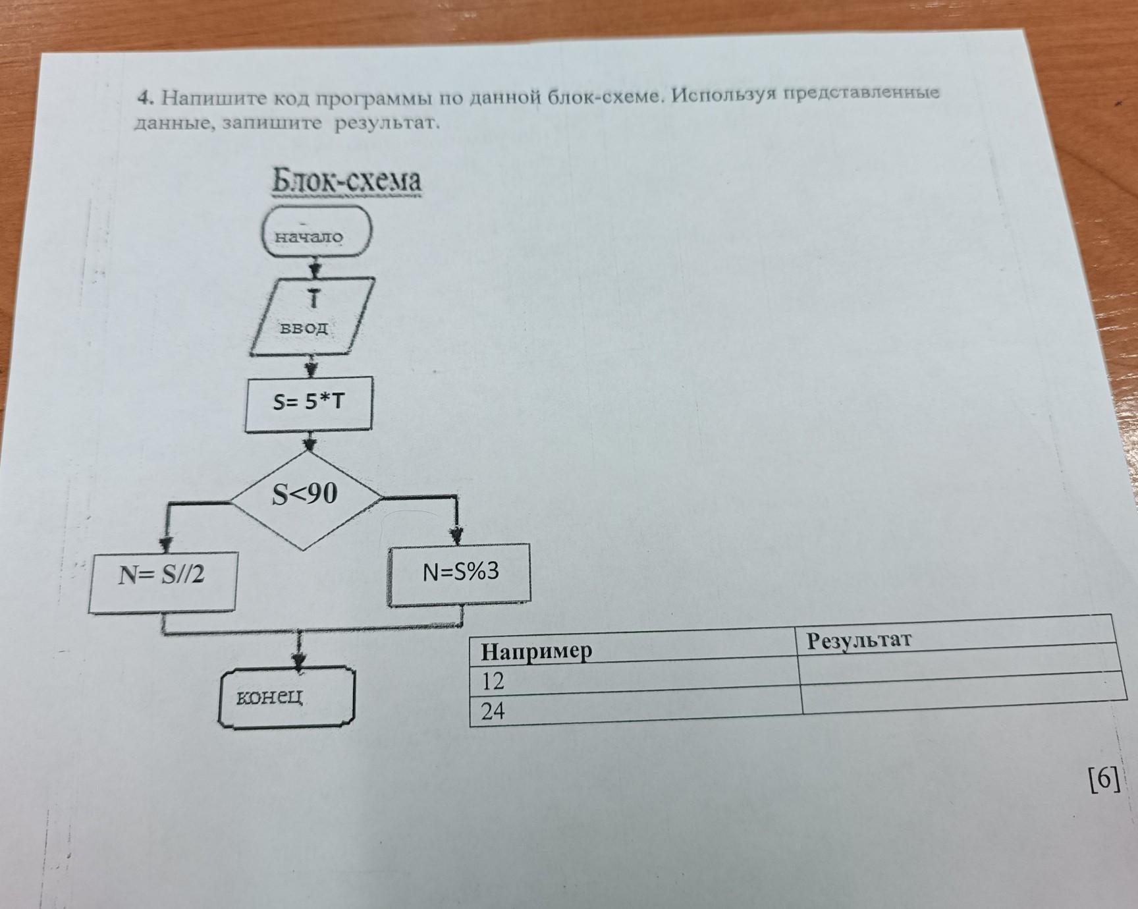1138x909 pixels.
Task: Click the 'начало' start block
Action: pyautogui.click(x=317, y=231)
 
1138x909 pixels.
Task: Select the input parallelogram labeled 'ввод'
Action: pyautogui.click(x=312, y=317)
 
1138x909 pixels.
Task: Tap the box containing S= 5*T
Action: pyautogui.click(x=308, y=404)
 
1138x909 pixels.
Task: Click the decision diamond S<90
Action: pyautogui.click(x=306, y=499)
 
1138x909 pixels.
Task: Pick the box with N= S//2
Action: pyautogui.click(x=163, y=582)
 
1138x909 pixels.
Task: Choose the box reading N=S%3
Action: pyautogui.click(x=459, y=574)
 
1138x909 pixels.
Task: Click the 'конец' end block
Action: pyautogui.click(x=286, y=698)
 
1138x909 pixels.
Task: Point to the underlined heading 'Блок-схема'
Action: pyautogui.click(x=346, y=181)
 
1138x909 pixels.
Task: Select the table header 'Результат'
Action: pyautogui.click(x=859, y=639)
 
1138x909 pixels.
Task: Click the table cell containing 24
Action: pyautogui.click(x=636, y=710)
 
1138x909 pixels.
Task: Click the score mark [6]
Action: pyautogui.click(x=1104, y=781)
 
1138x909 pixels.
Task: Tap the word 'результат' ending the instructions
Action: pyautogui.click(x=386, y=123)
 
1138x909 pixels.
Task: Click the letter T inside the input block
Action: pyautogui.click(x=313, y=299)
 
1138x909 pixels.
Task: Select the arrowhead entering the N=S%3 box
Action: pyautogui.click(x=456, y=536)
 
